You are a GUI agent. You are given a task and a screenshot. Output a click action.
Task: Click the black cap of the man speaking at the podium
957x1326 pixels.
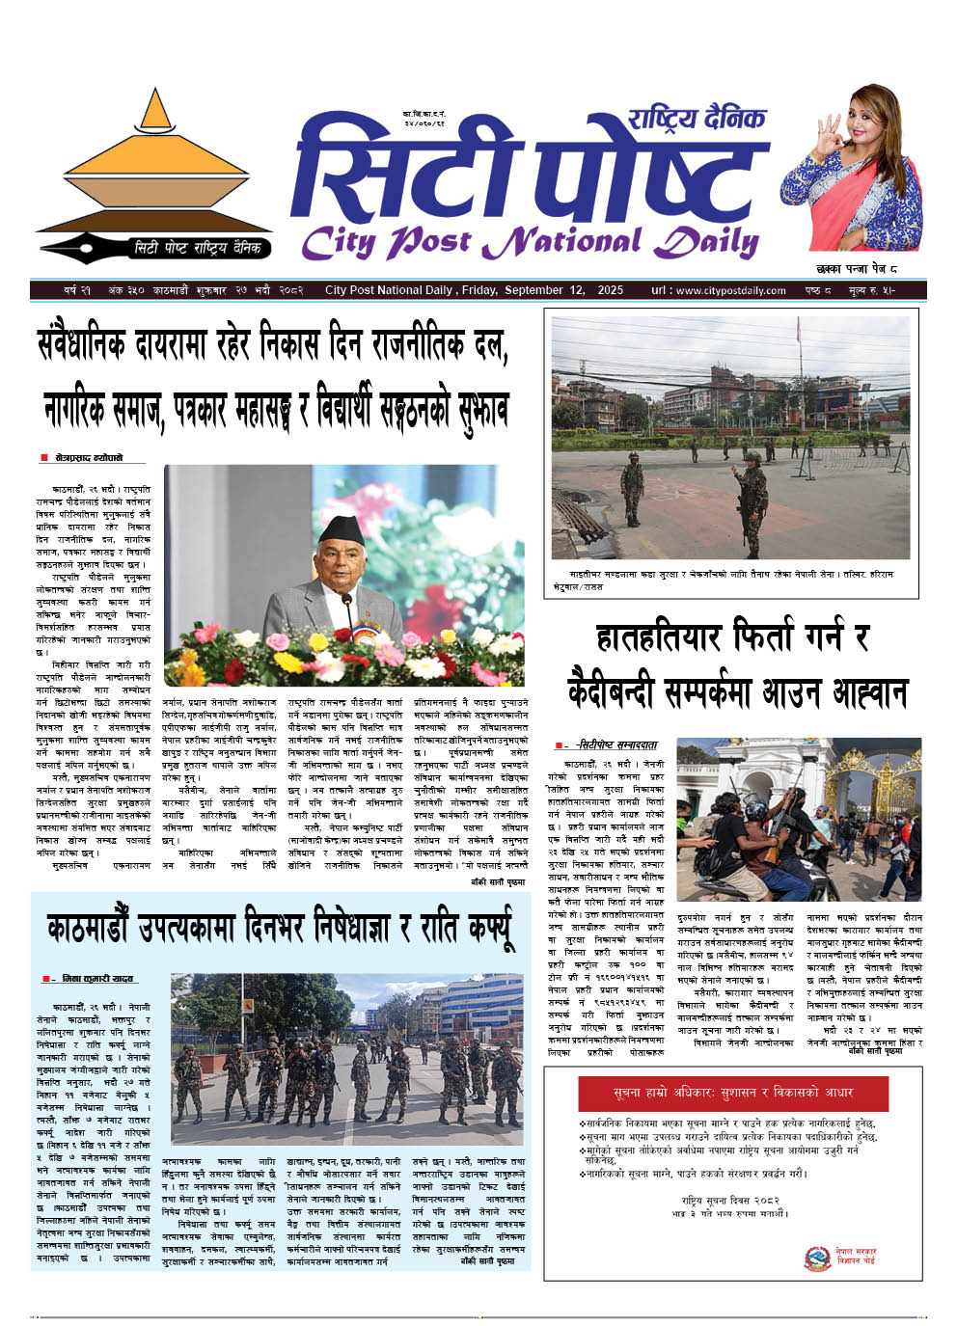[x=343, y=528]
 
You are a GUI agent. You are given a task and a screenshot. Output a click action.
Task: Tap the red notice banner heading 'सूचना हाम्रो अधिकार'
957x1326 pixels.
[x=732, y=1094]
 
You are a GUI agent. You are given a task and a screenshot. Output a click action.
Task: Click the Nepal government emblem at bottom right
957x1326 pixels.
[x=818, y=1258]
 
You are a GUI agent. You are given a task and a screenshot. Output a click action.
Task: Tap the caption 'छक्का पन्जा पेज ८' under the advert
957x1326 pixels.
[x=855, y=269]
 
